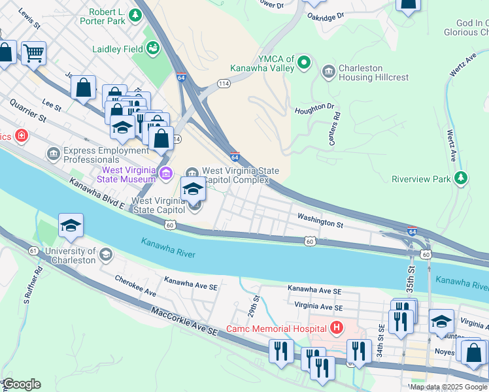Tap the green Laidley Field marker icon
[153, 47]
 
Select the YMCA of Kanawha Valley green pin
[303, 63]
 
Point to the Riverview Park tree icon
[462, 178]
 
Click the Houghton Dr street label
[314, 108]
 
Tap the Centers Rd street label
[336, 129]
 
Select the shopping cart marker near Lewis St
[33, 52]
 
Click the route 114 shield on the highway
[224, 84]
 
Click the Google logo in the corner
[22, 384]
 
